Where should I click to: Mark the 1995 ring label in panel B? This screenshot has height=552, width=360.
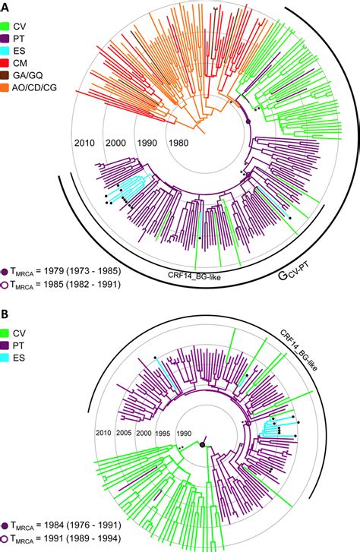[x=163, y=433]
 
